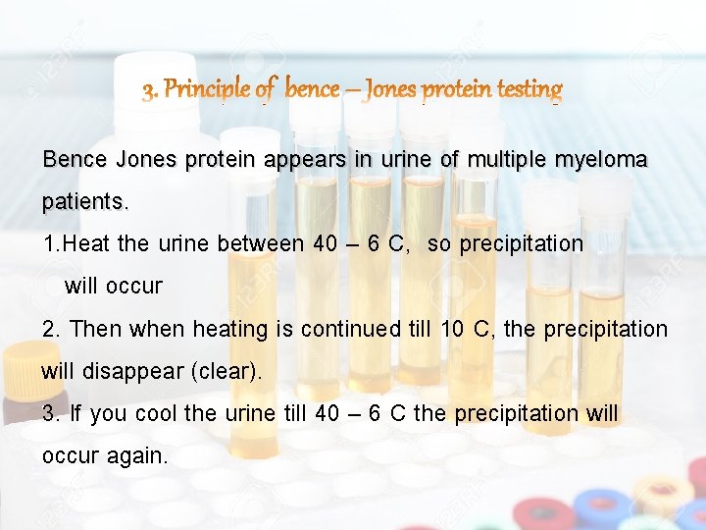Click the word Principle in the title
pos(209,90)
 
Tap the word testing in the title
pos(529,90)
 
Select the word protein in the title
pos(458,90)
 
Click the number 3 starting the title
pos(149,92)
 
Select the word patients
pos(83,202)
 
